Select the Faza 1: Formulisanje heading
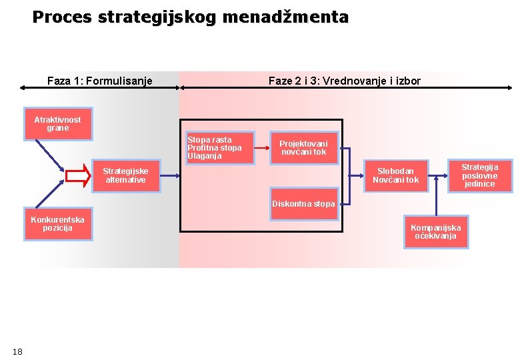(x=100, y=81)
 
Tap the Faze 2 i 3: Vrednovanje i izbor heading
(x=344, y=81)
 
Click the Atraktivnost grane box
(x=57, y=124)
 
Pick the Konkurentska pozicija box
(x=57, y=224)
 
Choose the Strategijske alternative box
(x=125, y=176)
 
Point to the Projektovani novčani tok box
(x=303, y=148)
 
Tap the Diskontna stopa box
(x=303, y=204)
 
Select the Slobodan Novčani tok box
(x=395, y=176)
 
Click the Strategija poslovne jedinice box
(x=479, y=175)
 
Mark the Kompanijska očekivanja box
(x=435, y=232)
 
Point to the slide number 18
(x=17, y=351)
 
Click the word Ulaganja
(x=204, y=157)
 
